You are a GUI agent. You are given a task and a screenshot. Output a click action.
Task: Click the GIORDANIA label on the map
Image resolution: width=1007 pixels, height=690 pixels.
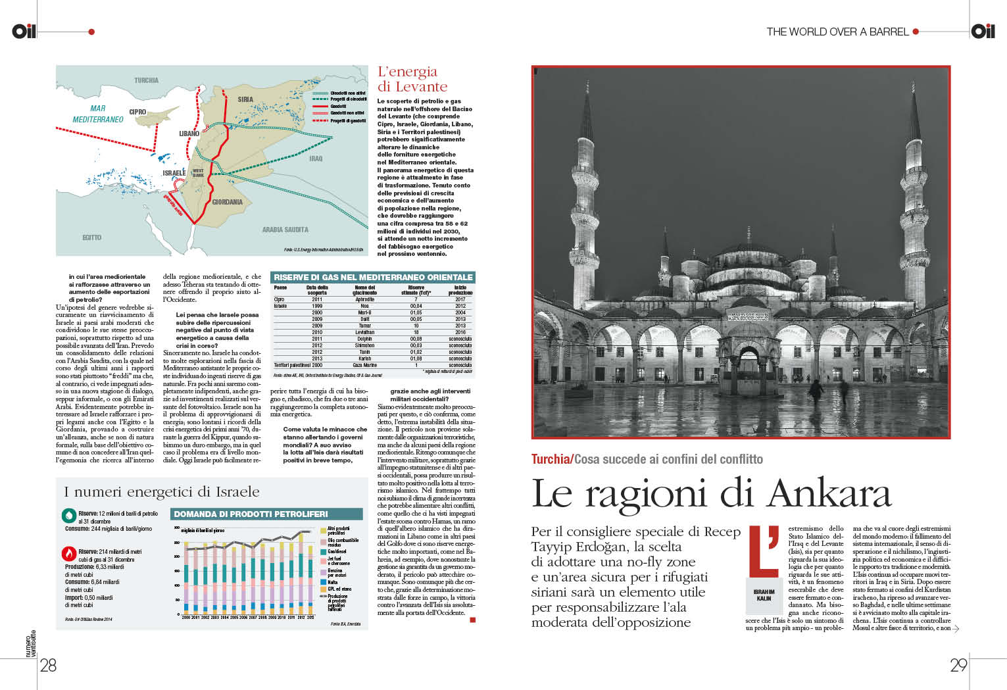click(227, 202)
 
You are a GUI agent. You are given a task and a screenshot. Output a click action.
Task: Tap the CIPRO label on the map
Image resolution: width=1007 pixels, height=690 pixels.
click(137, 112)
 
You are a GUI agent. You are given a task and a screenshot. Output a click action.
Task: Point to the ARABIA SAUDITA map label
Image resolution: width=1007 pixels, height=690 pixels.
click(285, 230)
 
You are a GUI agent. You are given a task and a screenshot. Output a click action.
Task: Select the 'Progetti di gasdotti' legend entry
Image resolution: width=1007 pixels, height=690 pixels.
click(347, 121)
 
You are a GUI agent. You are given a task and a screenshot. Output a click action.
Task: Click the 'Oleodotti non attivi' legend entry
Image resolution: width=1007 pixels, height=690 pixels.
click(347, 93)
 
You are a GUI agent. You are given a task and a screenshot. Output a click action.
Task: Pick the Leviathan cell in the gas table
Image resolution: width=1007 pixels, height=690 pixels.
click(364, 332)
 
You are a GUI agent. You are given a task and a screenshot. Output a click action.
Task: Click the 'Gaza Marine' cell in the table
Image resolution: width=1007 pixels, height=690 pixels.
click(364, 365)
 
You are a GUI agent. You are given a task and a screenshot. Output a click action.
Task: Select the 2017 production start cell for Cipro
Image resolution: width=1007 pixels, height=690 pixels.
click(460, 299)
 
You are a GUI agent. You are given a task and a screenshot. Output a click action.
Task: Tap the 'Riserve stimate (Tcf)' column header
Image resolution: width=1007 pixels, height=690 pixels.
click(416, 290)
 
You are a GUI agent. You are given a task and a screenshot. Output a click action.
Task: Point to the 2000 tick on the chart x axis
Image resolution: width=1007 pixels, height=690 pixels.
click(186, 618)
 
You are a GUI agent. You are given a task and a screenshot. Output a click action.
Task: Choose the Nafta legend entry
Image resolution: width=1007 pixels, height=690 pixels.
click(332, 582)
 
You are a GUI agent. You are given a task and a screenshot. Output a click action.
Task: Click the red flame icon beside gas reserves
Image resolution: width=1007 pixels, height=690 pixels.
click(68, 553)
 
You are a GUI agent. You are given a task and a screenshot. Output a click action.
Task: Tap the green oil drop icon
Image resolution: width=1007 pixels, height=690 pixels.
click(68, 515)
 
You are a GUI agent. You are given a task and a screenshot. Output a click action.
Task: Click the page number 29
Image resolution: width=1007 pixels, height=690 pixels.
click(958, 665)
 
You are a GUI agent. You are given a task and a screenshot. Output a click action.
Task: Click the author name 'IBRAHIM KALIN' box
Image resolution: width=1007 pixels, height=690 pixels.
click(764, 595)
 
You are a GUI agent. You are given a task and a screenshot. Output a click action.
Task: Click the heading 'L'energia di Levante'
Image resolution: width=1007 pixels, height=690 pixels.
click(412, 79)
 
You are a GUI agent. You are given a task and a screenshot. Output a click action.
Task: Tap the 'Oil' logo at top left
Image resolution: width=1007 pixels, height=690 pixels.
click(24, 31)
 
